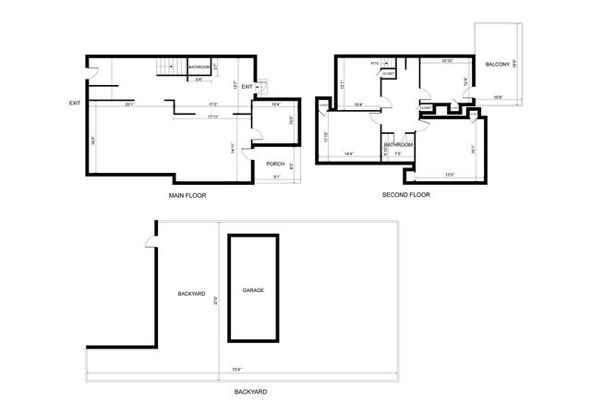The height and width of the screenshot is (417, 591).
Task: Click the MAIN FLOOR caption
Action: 187,196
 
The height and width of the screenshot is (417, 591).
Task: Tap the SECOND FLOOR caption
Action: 406,195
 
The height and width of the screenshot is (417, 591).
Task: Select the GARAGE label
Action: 253,290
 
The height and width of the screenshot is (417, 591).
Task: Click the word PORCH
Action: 275,164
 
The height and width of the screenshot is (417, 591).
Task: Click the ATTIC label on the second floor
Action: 375,64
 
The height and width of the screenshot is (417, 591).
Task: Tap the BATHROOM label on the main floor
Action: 199,67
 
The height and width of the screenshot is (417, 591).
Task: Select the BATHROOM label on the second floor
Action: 398,145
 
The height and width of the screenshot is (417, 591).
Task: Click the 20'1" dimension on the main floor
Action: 129,104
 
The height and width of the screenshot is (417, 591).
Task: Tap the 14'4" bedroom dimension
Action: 350,153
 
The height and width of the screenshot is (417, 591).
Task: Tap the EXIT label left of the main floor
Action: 75,103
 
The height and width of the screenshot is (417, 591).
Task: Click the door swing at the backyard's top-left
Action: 149,244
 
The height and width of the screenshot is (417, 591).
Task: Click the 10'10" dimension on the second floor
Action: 447,62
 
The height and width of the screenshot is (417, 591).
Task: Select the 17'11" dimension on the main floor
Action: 212,117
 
